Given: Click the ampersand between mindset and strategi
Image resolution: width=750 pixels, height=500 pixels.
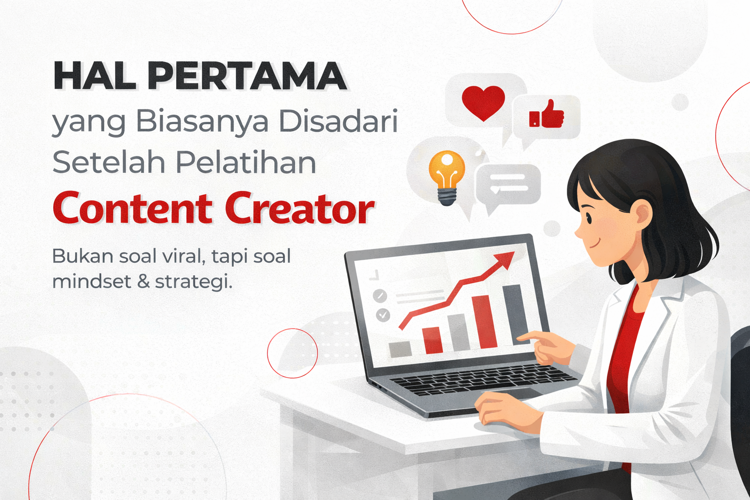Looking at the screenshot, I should point(143,282).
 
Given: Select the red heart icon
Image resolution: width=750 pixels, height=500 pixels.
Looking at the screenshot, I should point(483,102).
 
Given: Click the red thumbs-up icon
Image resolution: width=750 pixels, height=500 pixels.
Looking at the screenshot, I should point(547,114).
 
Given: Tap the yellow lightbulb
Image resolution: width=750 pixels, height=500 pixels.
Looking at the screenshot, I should point(446,176).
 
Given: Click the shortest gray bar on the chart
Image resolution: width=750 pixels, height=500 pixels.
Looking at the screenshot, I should point(400,349).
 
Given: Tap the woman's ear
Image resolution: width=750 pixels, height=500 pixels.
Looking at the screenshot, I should point(642,215).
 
